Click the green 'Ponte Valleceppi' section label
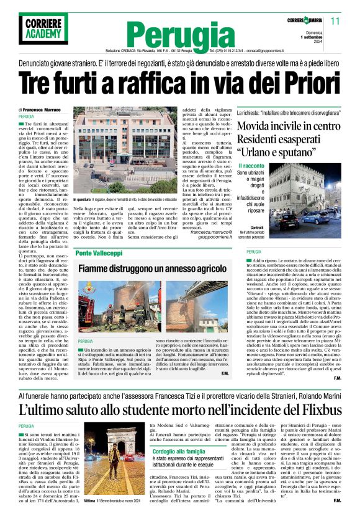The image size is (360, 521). point(100,253)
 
